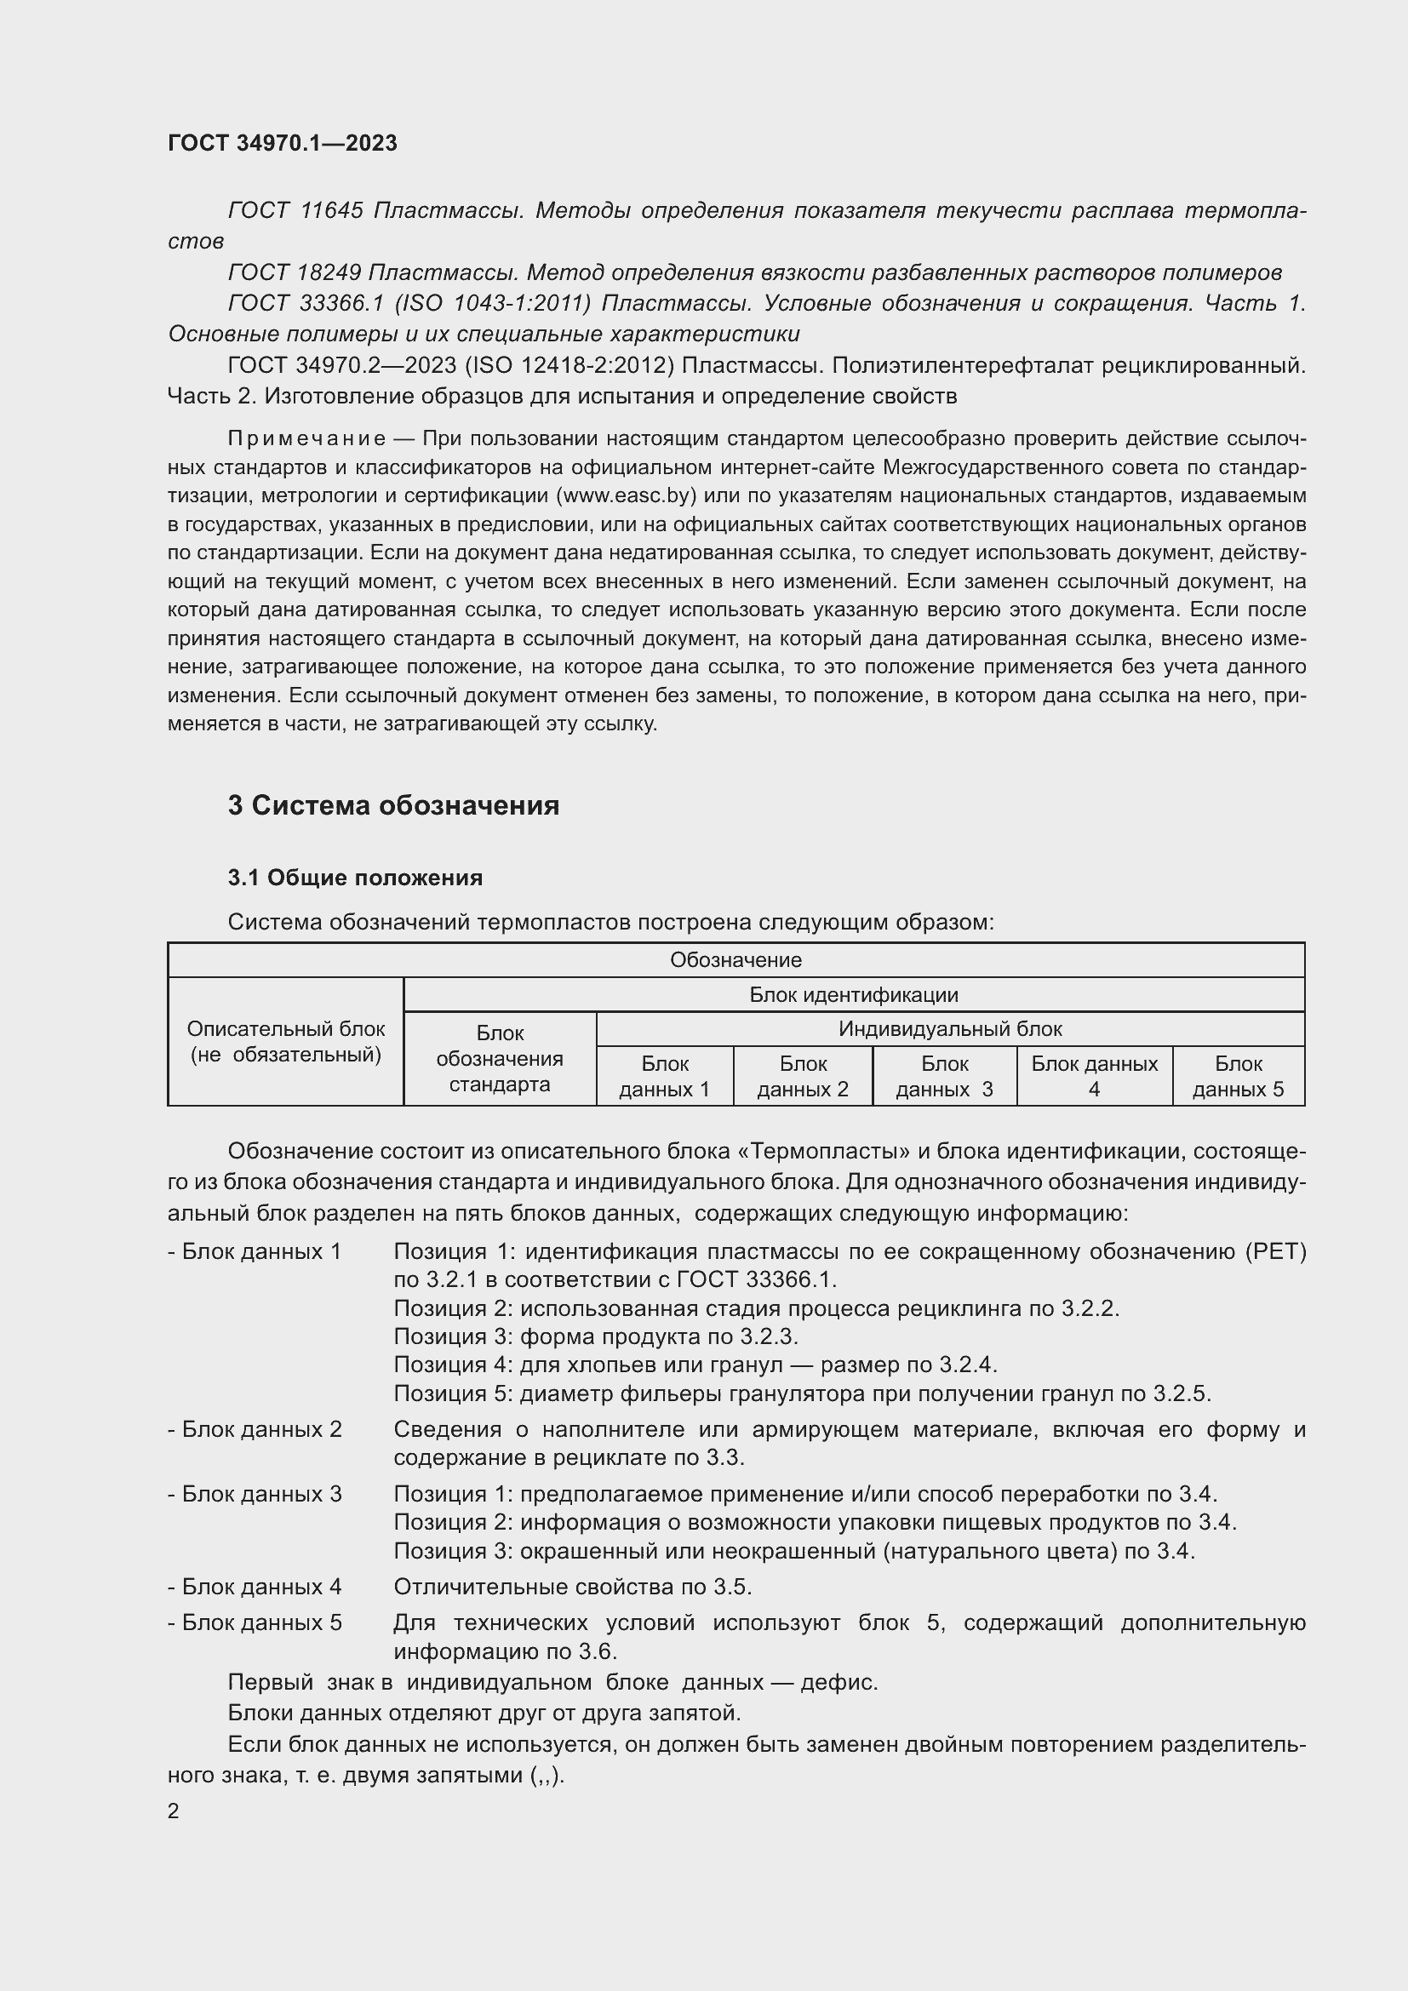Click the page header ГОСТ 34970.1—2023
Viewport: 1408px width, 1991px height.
[x=282, y=143]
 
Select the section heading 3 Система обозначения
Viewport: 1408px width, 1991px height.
[x=392, y=805]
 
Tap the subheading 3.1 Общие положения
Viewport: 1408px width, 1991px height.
[x=355, y=878]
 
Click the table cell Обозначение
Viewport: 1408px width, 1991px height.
[x=735, y=960]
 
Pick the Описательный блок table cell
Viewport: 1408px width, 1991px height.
[x=285, y=1041]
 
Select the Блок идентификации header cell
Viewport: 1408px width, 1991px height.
[x=853, y=994]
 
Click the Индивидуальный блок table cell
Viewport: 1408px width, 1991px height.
[x=949, y=1029]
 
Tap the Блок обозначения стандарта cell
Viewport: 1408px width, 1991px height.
[x=500, y=1058]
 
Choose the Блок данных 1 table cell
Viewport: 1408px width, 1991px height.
[x=664, y=1076]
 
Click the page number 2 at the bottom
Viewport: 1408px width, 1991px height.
[x=174, y=1811]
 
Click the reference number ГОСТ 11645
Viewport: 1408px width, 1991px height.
[x=295, y=211]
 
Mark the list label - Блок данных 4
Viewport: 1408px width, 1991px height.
[x=255, y=1587]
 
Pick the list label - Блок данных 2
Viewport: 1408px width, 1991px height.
[x=255, y=1429]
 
